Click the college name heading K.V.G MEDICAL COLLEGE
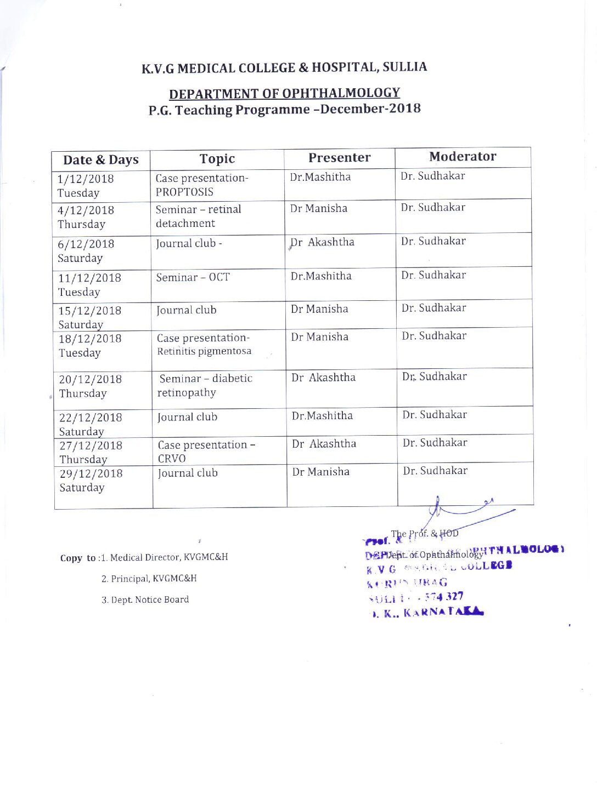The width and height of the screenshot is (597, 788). [x=284, y=67]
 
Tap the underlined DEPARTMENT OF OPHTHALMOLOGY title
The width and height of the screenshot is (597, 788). [x=284, y=93]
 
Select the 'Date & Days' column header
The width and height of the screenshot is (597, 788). [x=101, y=160]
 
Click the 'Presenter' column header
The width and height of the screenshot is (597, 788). [x=339, y=158]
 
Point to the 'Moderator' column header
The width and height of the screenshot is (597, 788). [x=463, y=157]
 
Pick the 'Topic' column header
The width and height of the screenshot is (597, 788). [x=217, y=159]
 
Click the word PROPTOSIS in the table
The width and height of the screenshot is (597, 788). [x=184, y=192]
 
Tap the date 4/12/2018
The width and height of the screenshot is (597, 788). [x=86, y=210]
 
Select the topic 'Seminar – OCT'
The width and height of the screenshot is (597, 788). [x=193, y=277]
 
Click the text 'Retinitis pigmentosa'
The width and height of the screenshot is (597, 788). [x=204, y=351]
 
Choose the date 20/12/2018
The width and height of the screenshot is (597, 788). [x=90, y=379]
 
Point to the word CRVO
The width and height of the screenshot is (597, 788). [x=172, y=459]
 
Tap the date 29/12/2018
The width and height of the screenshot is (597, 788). [x=91, y=473]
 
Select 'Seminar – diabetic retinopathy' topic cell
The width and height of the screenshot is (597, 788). [x=205, y=385]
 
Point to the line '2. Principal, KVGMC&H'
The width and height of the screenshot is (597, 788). [x=149, y=579]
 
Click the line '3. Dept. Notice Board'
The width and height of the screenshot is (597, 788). [x=145, y=600]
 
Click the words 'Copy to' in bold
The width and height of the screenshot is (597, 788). [x=78, y=558]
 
